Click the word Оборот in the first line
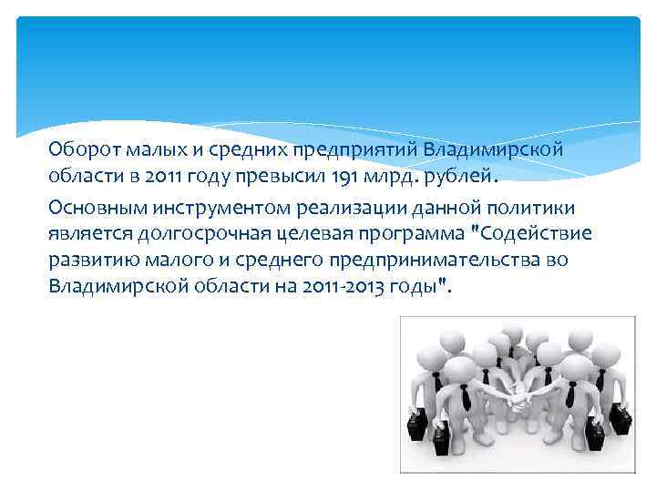pyautogui.click(x=79, y=148)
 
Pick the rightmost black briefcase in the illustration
pyautogui.click(x=620, y=419)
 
